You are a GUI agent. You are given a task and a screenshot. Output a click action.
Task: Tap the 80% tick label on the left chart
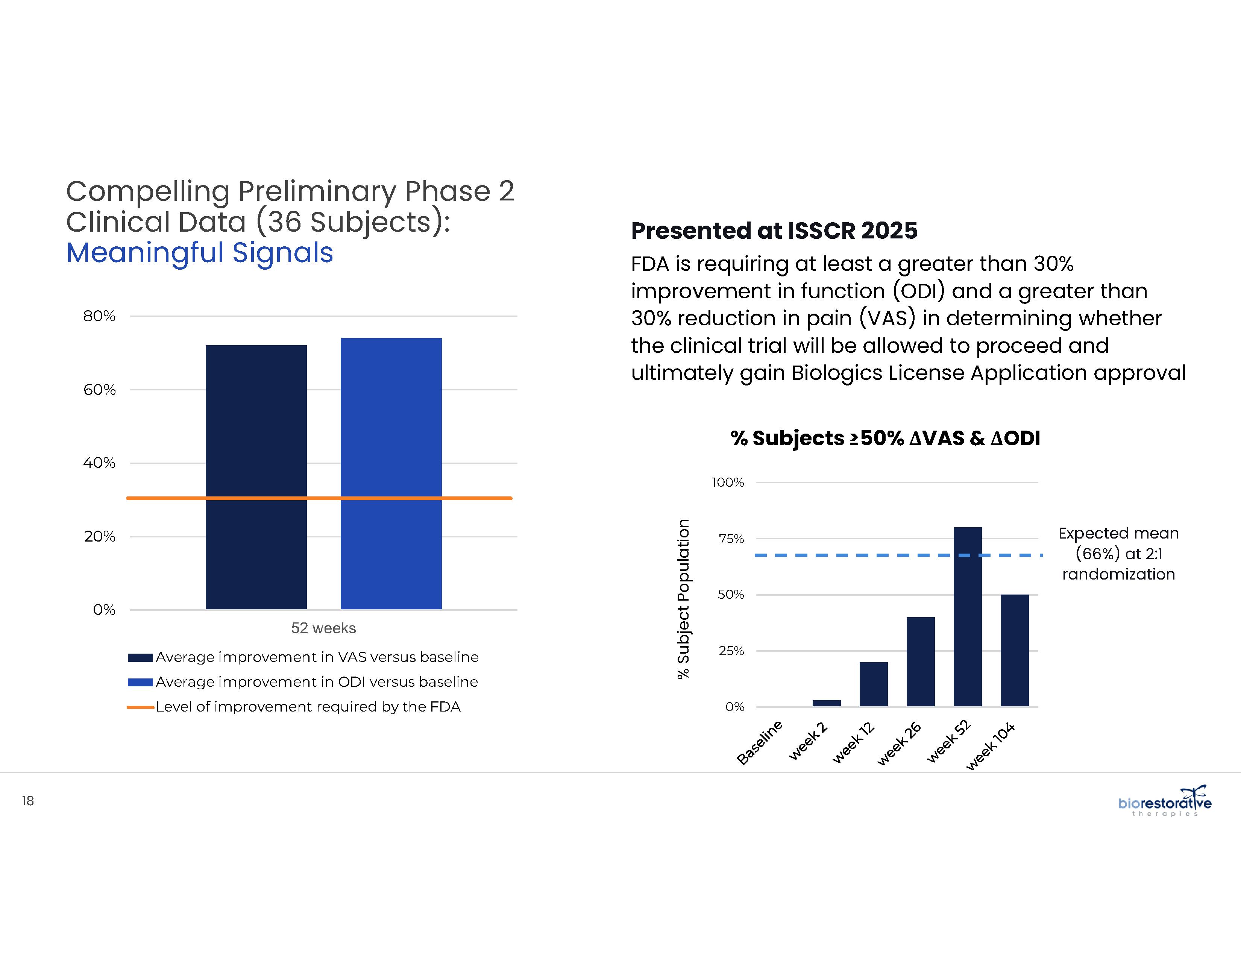tap(99, 316)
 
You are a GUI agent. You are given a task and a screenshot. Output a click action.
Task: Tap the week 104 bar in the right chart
tap(1014, 651)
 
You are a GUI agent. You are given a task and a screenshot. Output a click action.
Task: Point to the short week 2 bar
tap(826, 703)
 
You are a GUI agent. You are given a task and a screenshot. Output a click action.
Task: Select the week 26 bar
tap(921, 662)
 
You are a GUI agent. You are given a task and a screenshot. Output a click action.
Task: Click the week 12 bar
tap(873, 684)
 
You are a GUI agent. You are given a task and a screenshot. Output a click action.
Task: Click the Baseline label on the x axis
tap(760, 742)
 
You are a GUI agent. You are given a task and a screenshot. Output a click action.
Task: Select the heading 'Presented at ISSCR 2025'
tap(774, 231)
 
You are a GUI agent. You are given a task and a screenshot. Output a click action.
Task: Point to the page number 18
tap(28, 801)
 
